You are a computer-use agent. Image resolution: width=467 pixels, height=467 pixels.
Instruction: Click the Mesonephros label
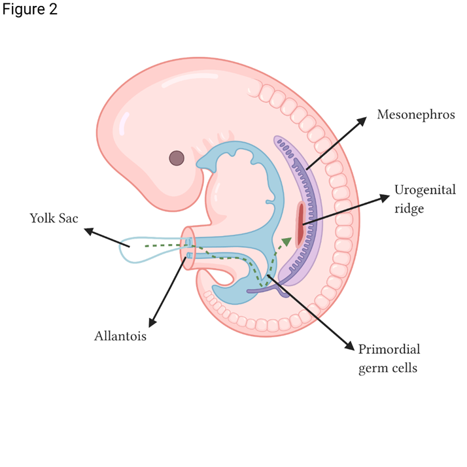[x=415, y=115]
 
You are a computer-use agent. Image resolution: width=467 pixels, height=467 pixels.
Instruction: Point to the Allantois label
[x=120, y=337]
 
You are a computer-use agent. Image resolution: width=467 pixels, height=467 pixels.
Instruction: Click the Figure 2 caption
[x=29, y=10]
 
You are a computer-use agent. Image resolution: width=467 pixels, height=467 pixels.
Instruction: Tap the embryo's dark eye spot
[x=177, y=158]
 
